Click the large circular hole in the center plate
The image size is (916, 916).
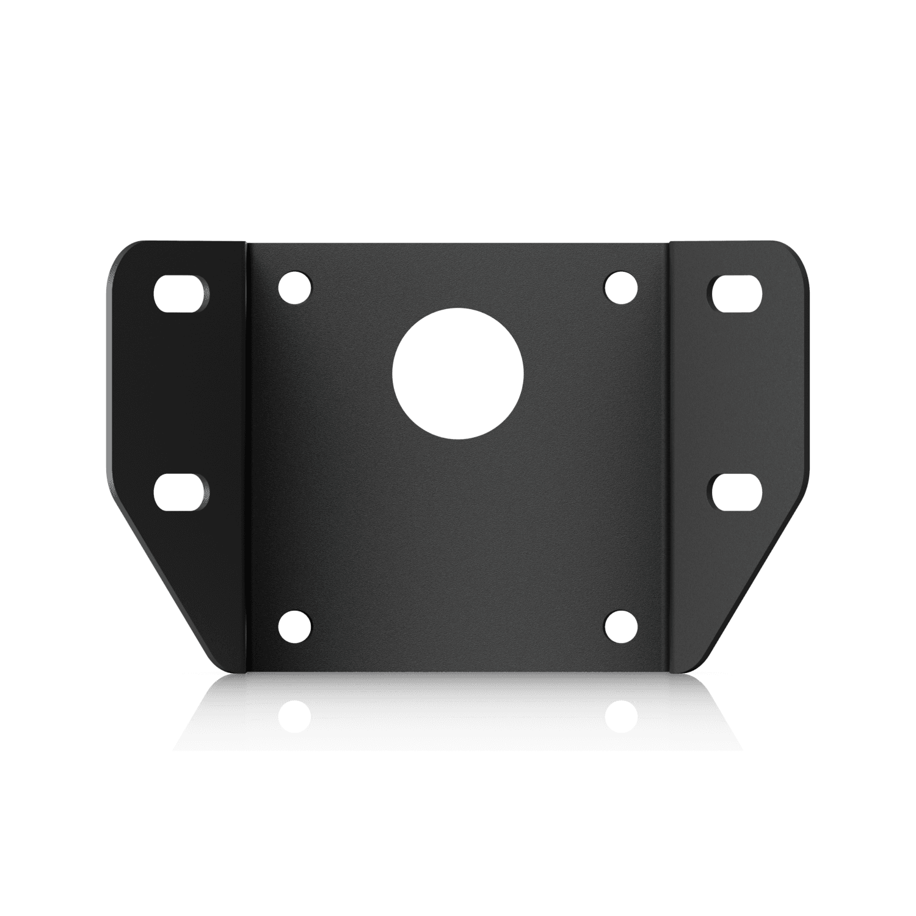[x=457, y=373]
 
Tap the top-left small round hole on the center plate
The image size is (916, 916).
[x=295, y=286]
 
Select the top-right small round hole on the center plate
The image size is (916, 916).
[x=620, y=286]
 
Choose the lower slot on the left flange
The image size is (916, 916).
[x=181, y=492]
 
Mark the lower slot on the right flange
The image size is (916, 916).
[x=736, y=492]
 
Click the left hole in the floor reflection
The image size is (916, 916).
[x=295, y=716]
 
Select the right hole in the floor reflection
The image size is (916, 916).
[x=621, y=716]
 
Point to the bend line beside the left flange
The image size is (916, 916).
[x=247, y=458]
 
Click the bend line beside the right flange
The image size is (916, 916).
[x=669, y=458]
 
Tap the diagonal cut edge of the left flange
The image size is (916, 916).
[x=171, y=586]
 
